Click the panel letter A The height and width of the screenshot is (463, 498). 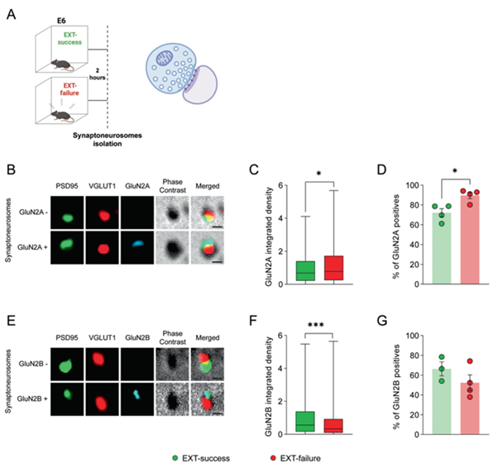pos(11,15)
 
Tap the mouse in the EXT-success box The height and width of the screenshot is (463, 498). pos(62,64)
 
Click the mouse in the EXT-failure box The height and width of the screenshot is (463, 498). pos(62,116)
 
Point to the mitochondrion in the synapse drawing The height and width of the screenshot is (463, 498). pos(164,59)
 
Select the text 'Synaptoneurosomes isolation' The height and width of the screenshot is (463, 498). pos(108,140)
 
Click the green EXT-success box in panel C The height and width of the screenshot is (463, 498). pos(305,271)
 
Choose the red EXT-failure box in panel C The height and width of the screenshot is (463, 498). pos(334,268)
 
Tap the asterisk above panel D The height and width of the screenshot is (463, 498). pos(455,171)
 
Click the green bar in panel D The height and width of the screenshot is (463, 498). pos(442,248)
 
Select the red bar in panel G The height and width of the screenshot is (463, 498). pos(470,408)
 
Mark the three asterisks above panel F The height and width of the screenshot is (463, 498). pos(316,325)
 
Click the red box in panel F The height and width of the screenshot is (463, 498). pos(333,426)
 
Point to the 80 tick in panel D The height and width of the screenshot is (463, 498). pos(413,205)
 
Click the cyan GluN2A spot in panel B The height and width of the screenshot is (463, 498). pos(138,244)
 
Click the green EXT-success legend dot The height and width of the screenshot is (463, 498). pos(175,458)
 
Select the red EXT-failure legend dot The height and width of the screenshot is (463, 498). pos(273,458)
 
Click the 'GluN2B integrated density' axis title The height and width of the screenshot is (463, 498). pos(269,386)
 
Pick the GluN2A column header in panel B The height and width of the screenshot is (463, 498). pos(137,186)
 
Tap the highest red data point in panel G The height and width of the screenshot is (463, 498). pos(470,361)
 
